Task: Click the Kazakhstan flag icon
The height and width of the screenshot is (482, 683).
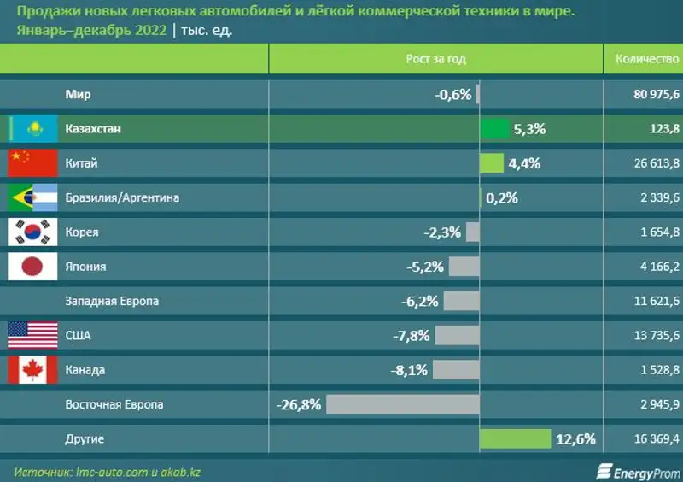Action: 33,128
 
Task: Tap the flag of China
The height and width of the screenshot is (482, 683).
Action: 32,162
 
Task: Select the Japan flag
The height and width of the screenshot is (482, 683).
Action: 32,267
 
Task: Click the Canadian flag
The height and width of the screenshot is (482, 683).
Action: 32,370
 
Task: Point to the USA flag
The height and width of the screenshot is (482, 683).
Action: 32,336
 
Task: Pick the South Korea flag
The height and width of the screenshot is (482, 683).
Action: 32,232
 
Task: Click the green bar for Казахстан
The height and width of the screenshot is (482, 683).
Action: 494,129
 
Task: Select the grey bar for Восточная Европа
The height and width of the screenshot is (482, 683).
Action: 402,404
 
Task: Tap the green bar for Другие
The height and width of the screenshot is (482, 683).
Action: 515,439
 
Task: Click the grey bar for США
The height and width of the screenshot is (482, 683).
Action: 457,336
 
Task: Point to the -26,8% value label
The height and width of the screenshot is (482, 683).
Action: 299,404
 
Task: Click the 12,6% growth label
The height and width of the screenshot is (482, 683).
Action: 575,439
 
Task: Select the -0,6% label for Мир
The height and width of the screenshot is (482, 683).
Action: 452,94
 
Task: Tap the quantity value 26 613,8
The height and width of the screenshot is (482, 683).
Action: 657,163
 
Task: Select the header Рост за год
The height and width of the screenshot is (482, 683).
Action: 435,59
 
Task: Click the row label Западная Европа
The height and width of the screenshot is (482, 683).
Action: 112,301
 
